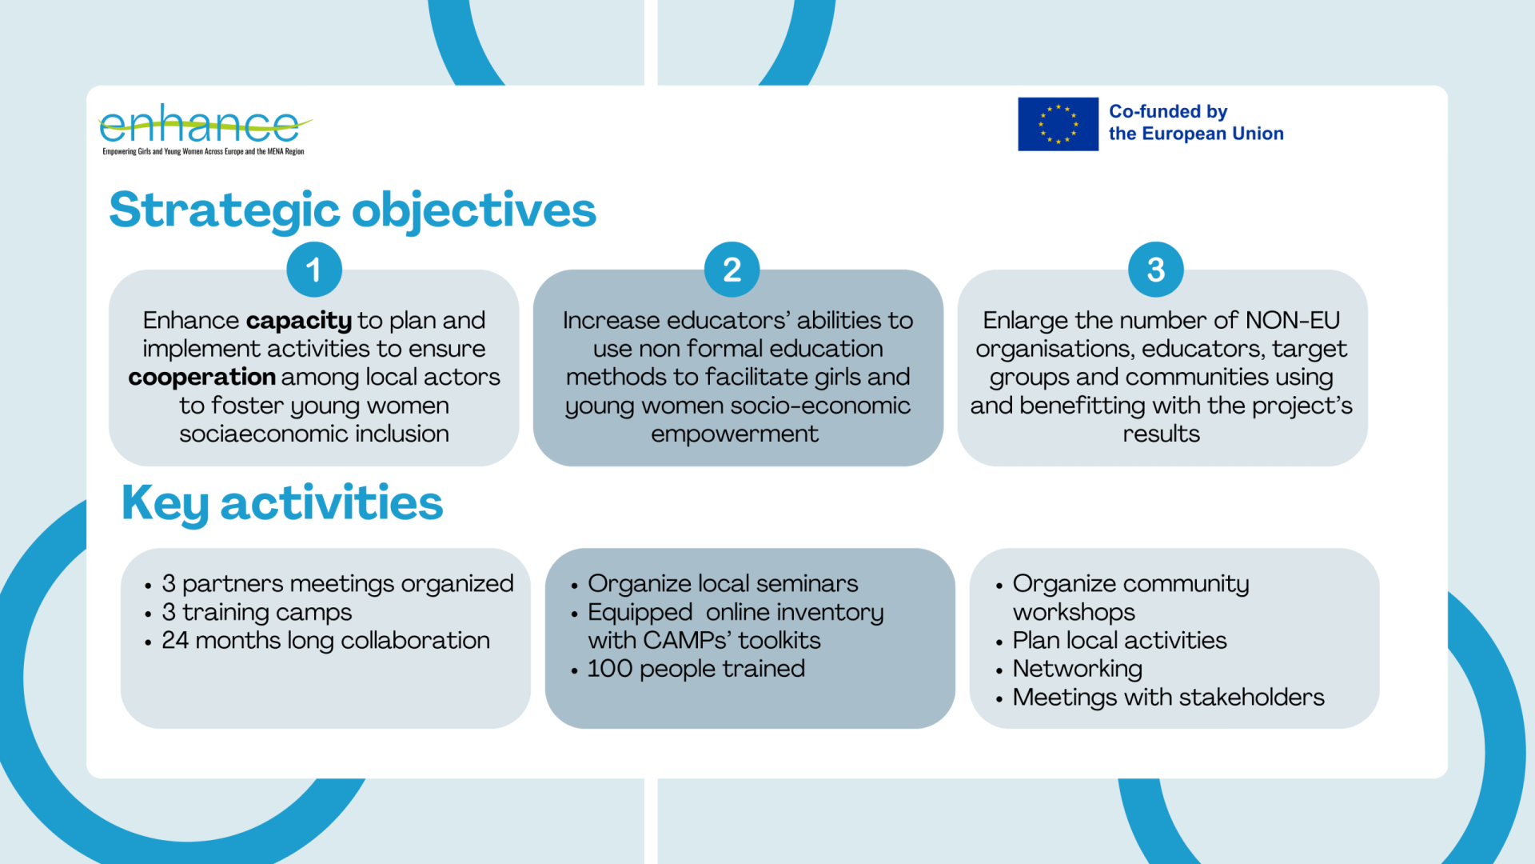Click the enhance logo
click(205, 129)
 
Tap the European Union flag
click(1058, 124)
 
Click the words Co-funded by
click(1168, 111)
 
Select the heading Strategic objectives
click(353, 210)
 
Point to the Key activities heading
click(282, 503)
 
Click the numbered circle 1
click(314, 270)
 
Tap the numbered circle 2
click(732, 270)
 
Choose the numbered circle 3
click(1155, 270)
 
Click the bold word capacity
click(299, 321)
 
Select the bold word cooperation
click(202, 377)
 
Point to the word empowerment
click(735, 434)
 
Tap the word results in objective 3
click(1161, 434)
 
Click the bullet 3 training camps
click(257, 613)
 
